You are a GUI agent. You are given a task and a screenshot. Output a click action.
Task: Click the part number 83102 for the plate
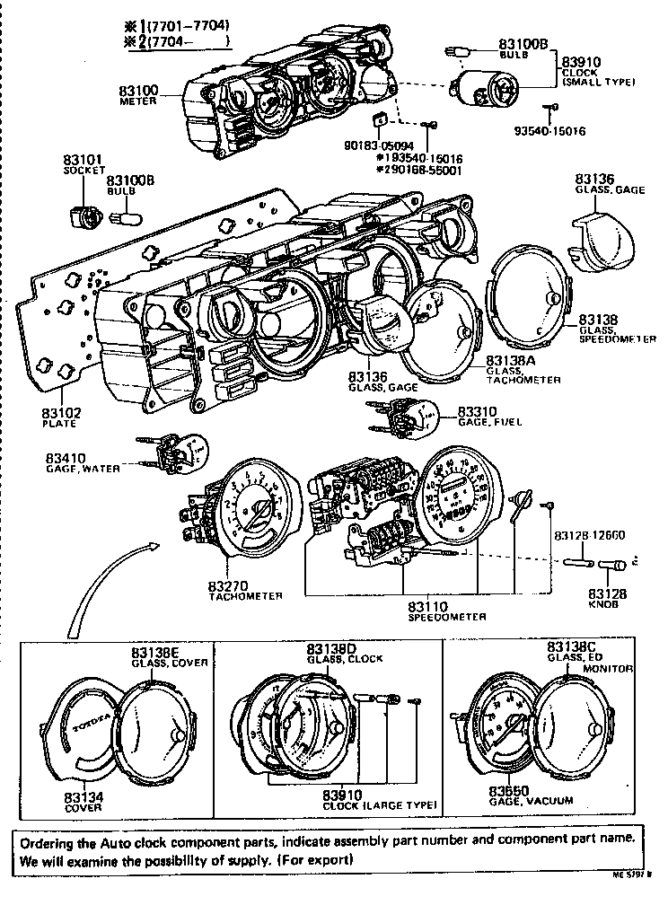[60, 413]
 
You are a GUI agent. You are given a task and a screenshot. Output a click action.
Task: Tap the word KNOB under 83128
[602, 605]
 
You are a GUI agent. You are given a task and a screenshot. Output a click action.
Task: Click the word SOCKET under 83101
[83, 171]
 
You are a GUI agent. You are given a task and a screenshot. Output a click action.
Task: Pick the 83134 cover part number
[83, 796]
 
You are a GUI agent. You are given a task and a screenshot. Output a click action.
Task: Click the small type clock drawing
[489, 89]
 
